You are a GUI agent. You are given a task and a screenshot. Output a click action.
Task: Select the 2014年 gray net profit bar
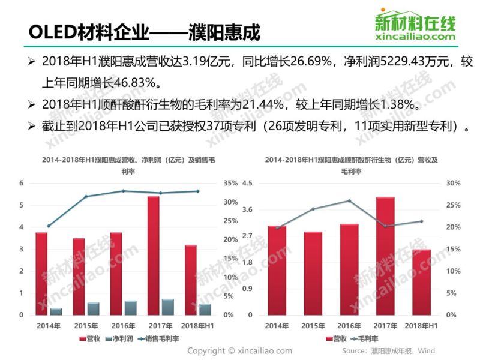click(56, 311)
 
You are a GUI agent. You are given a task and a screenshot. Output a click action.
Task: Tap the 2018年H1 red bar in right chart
click(421, 282)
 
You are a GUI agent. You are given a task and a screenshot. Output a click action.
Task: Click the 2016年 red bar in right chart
click(349, 269)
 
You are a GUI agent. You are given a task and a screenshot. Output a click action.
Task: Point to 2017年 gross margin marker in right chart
click(385, 226)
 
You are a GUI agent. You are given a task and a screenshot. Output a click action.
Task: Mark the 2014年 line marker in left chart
click(49, 226)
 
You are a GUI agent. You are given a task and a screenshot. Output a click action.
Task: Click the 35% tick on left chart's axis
click(230, 183)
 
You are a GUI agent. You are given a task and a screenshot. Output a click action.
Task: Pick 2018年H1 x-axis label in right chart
click(421, 325)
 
